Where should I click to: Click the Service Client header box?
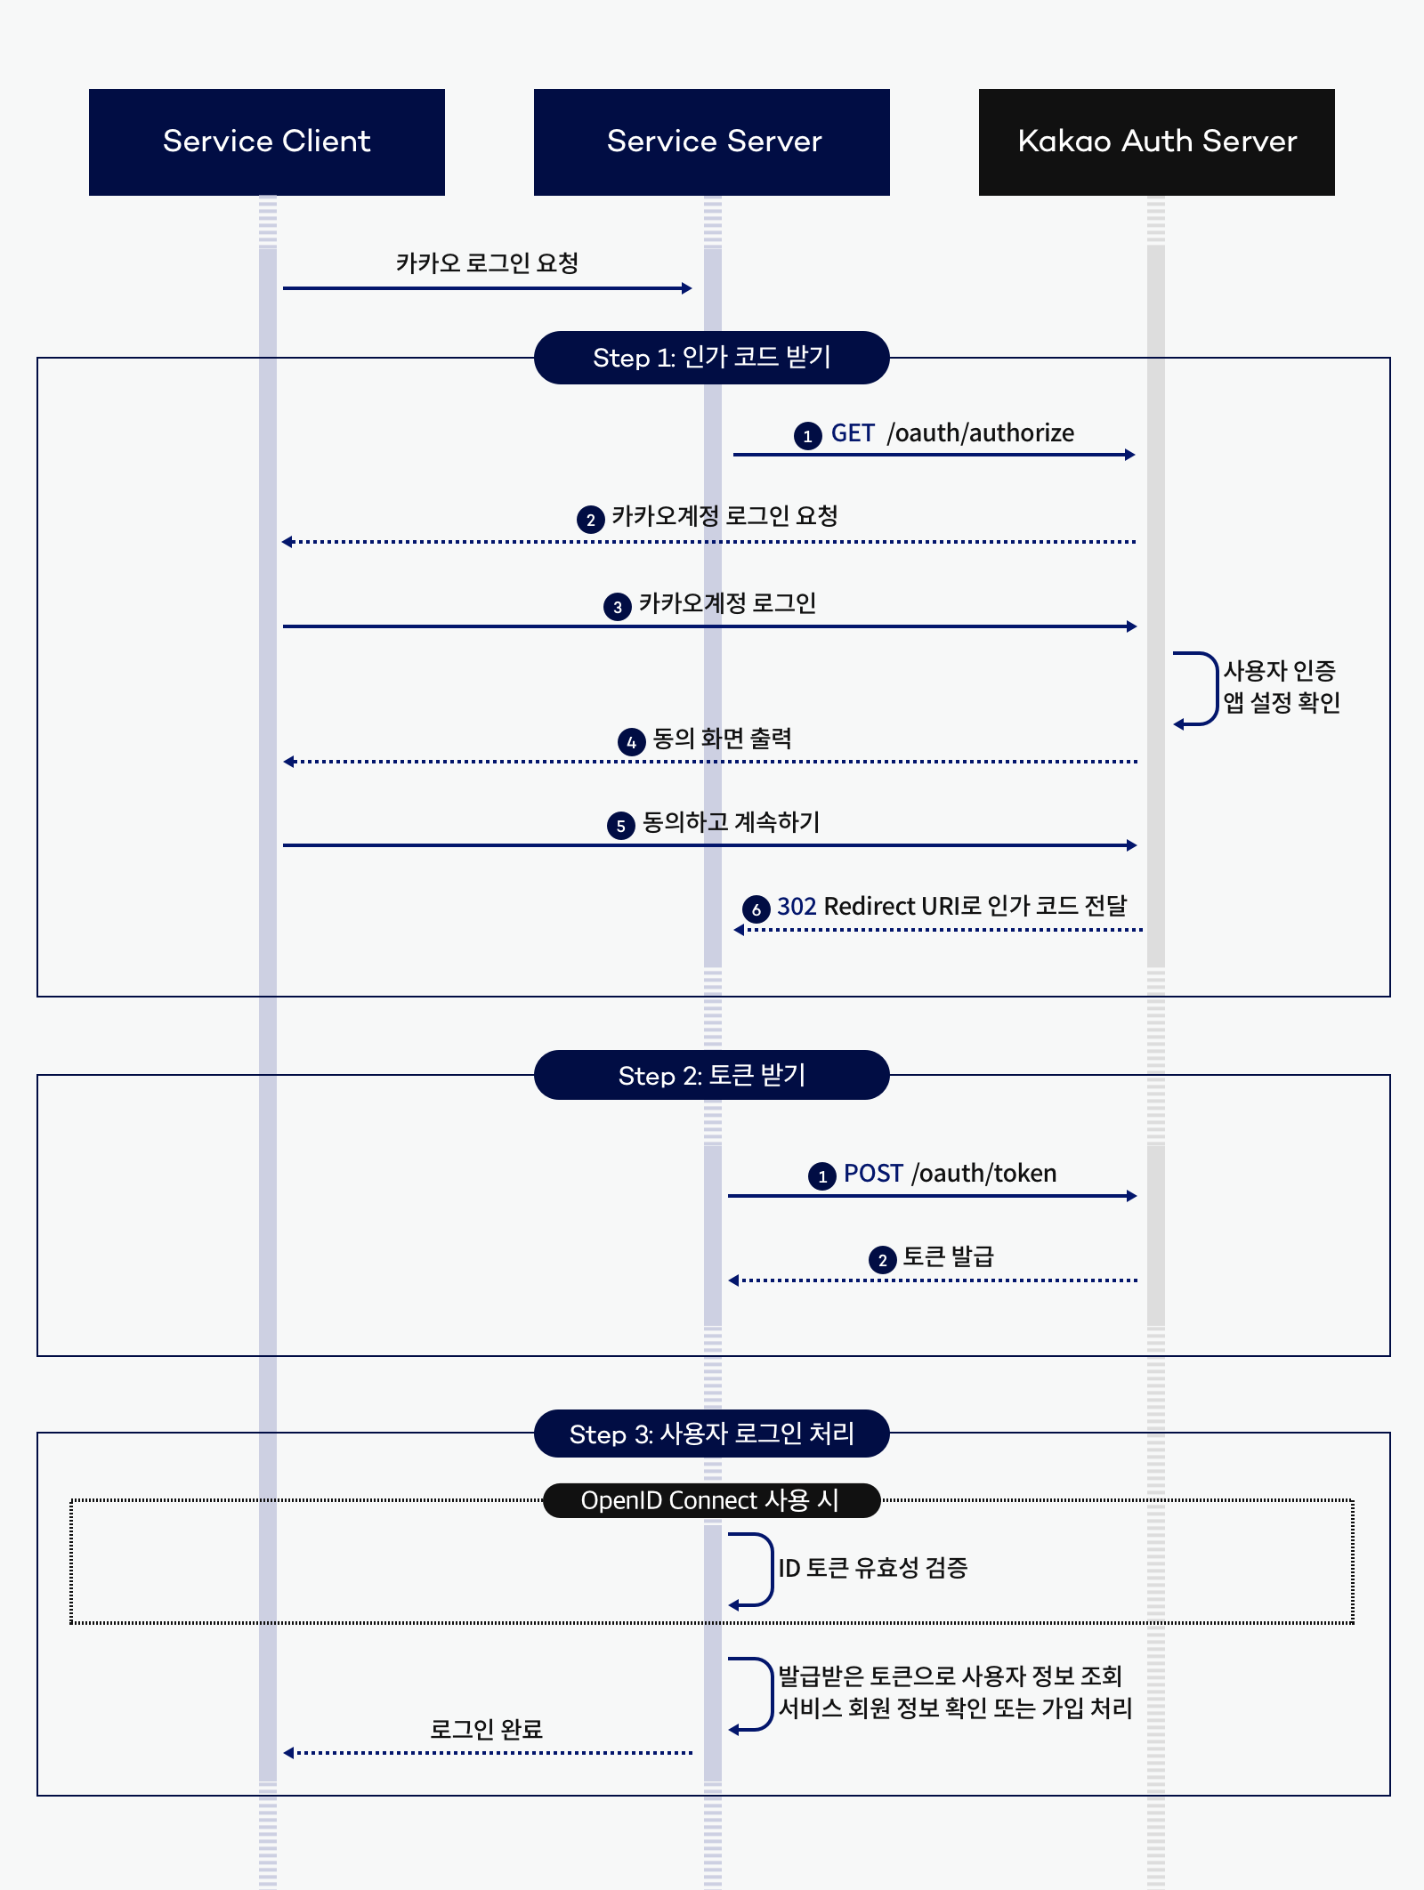(x=267, y=142)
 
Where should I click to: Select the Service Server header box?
(x=712, y=142)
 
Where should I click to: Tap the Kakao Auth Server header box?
(x=1157, y=142)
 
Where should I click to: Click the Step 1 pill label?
(x=712, y=358)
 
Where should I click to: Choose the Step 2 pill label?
(x=712, y=1075)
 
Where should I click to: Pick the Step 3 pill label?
(x=712, y=1434)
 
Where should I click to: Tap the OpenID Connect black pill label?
(x=711, y=1500)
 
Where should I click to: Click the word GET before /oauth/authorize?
(x=853, y=433)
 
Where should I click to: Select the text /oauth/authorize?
(x=981, y=433)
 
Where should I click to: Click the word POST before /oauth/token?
(x=873, y=1174)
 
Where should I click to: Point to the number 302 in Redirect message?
(x=797, y=907)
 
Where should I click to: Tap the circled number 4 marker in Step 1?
(x=631, y=742)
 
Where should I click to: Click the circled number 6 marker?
(x=756, y=909)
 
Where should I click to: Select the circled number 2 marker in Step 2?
(x=882, y=1260)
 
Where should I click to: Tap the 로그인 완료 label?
(x=486, y=1729)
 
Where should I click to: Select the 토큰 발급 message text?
(x=948, y=1256)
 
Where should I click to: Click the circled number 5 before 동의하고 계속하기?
(x=620, y=826)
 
